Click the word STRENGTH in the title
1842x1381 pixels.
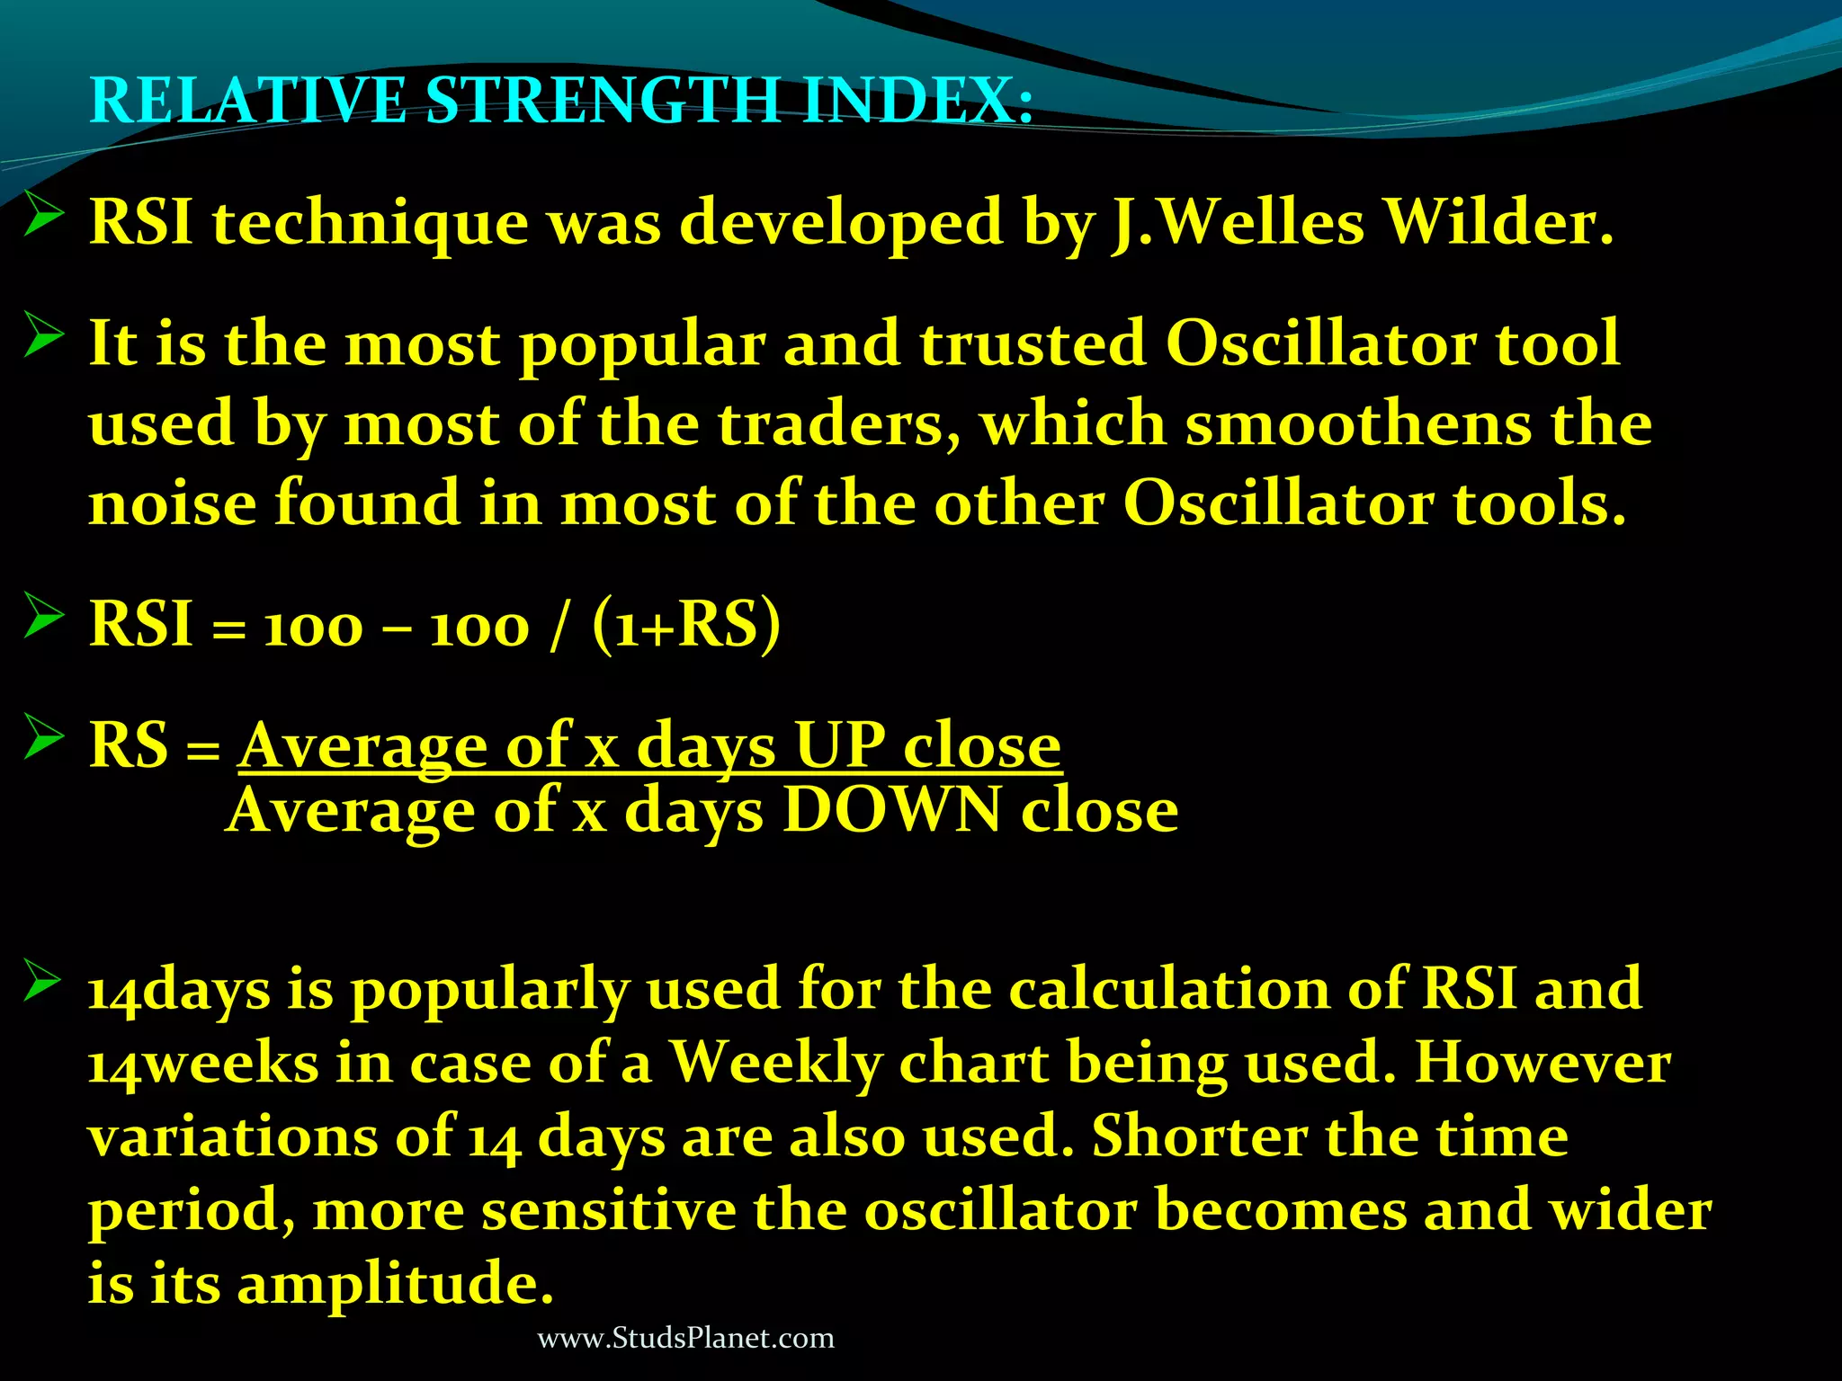tap(601, 100)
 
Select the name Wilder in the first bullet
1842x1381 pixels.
tap(1497, 221)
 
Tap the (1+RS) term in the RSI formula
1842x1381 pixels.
tap(686, 624)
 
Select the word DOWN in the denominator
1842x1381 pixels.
tap(891, 811)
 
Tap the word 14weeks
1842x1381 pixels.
tap(203, 1064)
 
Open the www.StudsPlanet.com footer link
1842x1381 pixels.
tap(685, 1338)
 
